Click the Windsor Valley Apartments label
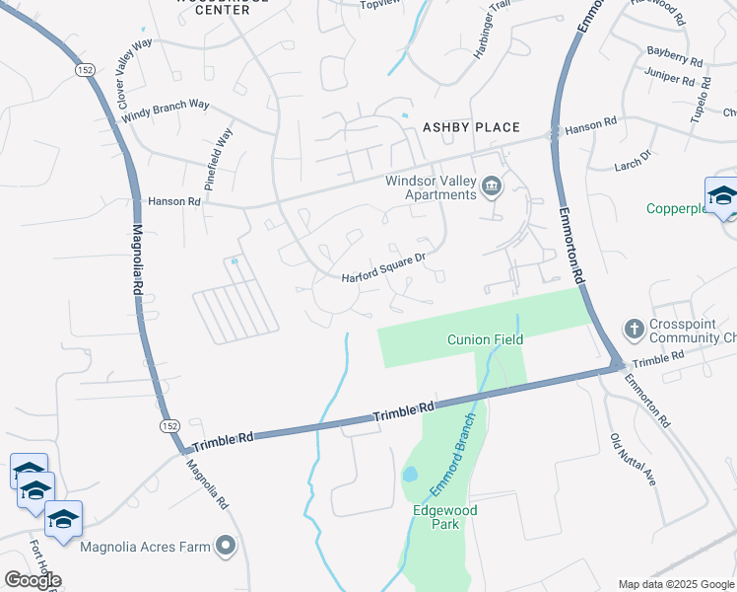click(430, 187)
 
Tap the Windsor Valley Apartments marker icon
click(491, 185)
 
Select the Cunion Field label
click(485, 339)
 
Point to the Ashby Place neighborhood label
click(470, 127)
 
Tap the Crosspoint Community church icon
click(635, 328)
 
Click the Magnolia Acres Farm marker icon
click(227, 545)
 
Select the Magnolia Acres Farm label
click(146, 546)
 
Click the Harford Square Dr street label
click(383, 268)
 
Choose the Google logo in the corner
click(33, 580)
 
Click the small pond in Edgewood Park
click(410, 475)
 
